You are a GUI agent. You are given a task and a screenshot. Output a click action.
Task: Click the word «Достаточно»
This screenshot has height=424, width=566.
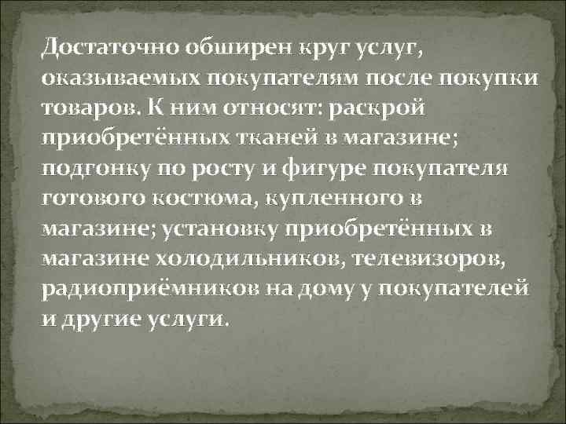coord(112,47)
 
